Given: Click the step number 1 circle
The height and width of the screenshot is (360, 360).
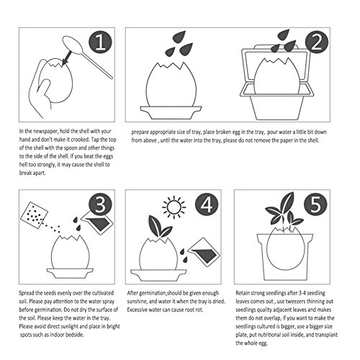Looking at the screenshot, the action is point(100,43).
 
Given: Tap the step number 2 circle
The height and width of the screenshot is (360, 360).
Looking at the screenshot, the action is point(317,43).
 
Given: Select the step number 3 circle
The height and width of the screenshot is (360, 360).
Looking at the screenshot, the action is point(100,204).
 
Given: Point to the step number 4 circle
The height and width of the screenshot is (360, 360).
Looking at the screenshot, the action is point(207,204).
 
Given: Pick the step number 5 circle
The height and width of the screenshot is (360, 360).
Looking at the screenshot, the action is point(315,204).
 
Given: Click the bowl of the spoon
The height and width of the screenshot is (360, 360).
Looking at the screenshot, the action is point(72,45).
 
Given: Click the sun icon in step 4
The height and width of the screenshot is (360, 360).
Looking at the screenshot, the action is point(174,207).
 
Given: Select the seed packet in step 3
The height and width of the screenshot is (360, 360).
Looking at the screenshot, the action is point(34,215).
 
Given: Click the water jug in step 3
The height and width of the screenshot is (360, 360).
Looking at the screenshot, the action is point(97,221).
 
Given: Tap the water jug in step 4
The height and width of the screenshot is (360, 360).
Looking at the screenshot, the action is point(204,251).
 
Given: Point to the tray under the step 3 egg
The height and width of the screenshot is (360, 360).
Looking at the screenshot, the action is point(70,273).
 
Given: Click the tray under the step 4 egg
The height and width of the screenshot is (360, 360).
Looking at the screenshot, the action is point(158,275).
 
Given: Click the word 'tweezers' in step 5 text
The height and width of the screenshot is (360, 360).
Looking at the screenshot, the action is point(294,301).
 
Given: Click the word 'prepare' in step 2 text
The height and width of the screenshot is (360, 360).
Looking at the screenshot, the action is point(140,132).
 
